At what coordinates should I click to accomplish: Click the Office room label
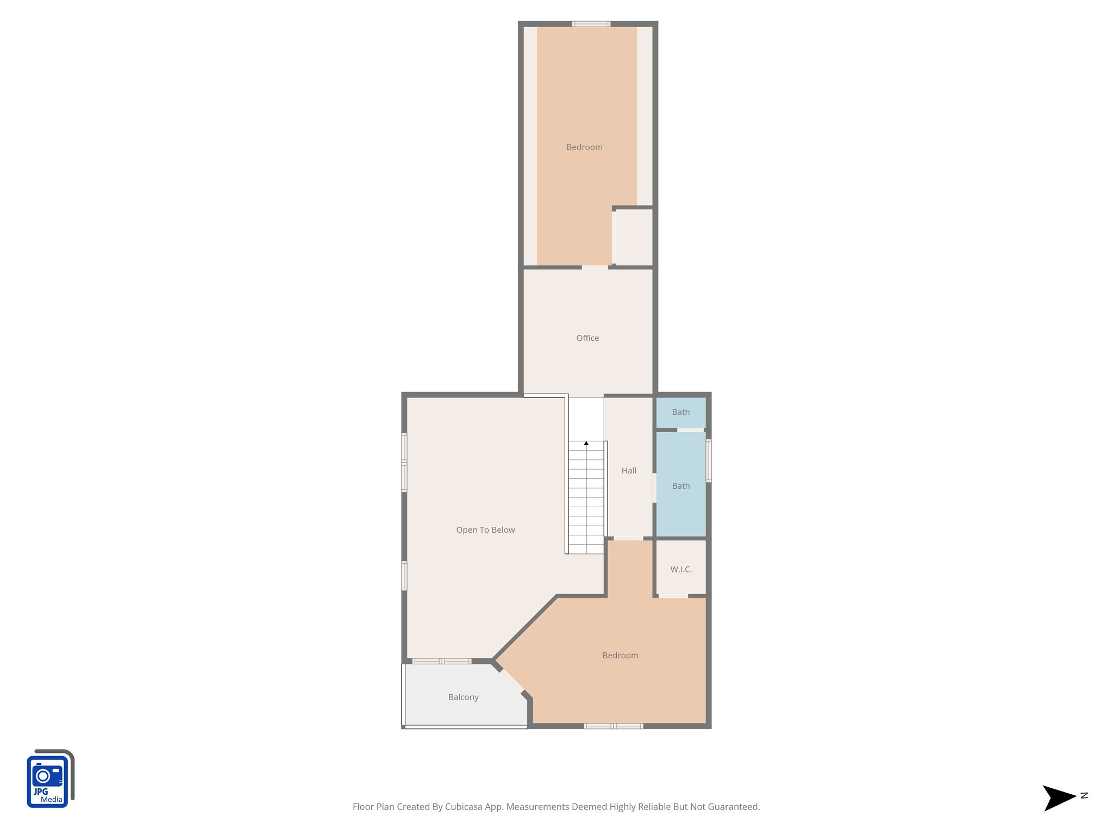pos(587,338)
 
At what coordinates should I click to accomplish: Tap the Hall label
pos(629,471)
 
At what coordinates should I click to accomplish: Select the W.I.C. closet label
pos(681,569)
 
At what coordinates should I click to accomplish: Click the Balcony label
pos(463,697)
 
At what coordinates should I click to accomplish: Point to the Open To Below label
pos(485,530)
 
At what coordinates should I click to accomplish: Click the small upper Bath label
pos(681,412)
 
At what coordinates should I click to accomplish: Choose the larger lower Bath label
pos(681,486)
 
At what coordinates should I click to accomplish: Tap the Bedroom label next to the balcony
pos(620,656)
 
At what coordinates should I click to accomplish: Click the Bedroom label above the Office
pos(584,147)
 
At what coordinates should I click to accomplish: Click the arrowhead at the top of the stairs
pos(586,444)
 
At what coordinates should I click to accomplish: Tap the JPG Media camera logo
pos(49,778)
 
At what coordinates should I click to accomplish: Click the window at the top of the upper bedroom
pos(591,24)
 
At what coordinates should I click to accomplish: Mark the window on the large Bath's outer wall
pos(709,461)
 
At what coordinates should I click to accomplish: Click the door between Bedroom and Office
pos(595,267)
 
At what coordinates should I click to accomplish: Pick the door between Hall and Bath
pos(654,488)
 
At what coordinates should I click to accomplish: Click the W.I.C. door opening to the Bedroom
pos(673,596)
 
